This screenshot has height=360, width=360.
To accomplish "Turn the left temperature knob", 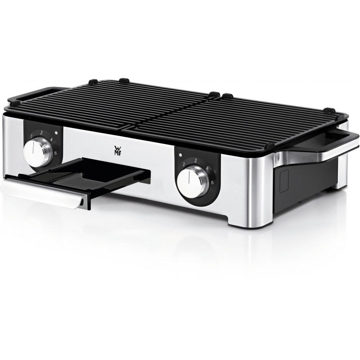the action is coord(38,152).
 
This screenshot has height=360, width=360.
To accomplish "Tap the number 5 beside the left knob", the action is coord(55,153).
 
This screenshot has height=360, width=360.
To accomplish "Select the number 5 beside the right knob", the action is coord(212,183).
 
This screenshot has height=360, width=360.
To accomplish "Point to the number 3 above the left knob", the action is coord(41,132).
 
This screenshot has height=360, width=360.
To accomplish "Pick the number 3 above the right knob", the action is coord(196,161).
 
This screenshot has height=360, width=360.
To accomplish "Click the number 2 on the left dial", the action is coord(31,136).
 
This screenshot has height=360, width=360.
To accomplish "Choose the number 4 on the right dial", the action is coord(207,168).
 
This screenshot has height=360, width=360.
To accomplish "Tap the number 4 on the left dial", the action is coord(51,139).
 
